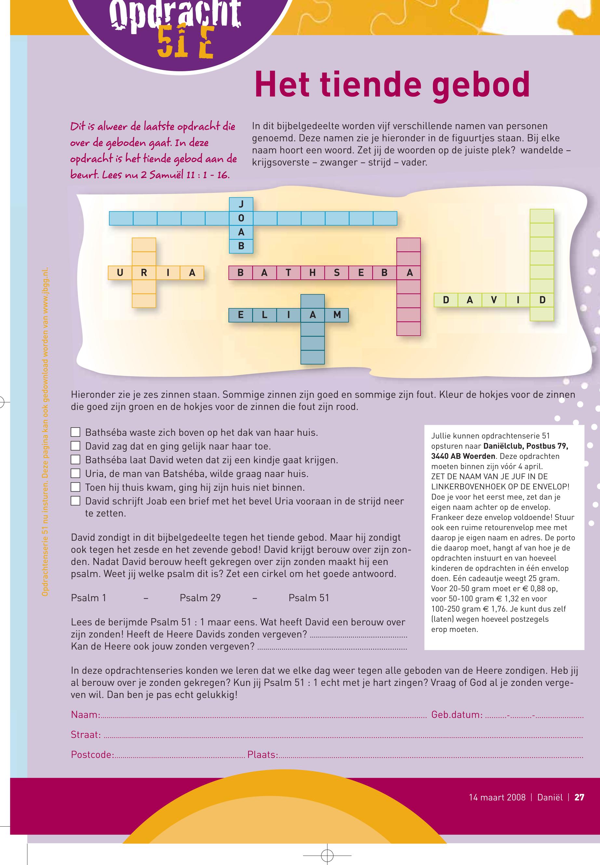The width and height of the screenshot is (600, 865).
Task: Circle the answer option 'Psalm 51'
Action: tap(309, 598)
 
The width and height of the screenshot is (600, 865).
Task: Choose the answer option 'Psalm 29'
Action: tap(200, 598)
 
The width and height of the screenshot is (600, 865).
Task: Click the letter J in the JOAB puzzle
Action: tap(241, 204)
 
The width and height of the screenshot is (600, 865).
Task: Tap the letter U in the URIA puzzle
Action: tap(120, 273)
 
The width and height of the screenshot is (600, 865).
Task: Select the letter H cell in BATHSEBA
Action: tap(313, 273)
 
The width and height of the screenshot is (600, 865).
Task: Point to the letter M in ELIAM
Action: tap(337, 315)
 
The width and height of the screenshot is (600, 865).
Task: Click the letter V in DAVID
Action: tap(494, 300)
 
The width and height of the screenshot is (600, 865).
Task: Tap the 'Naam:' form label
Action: tap(85, 715)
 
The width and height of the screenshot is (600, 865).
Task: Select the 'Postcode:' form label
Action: tap(92, 754)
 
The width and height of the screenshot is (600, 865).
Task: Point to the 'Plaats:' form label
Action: tap(262, 754)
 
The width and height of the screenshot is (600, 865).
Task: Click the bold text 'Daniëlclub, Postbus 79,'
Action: tap(526, 446)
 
